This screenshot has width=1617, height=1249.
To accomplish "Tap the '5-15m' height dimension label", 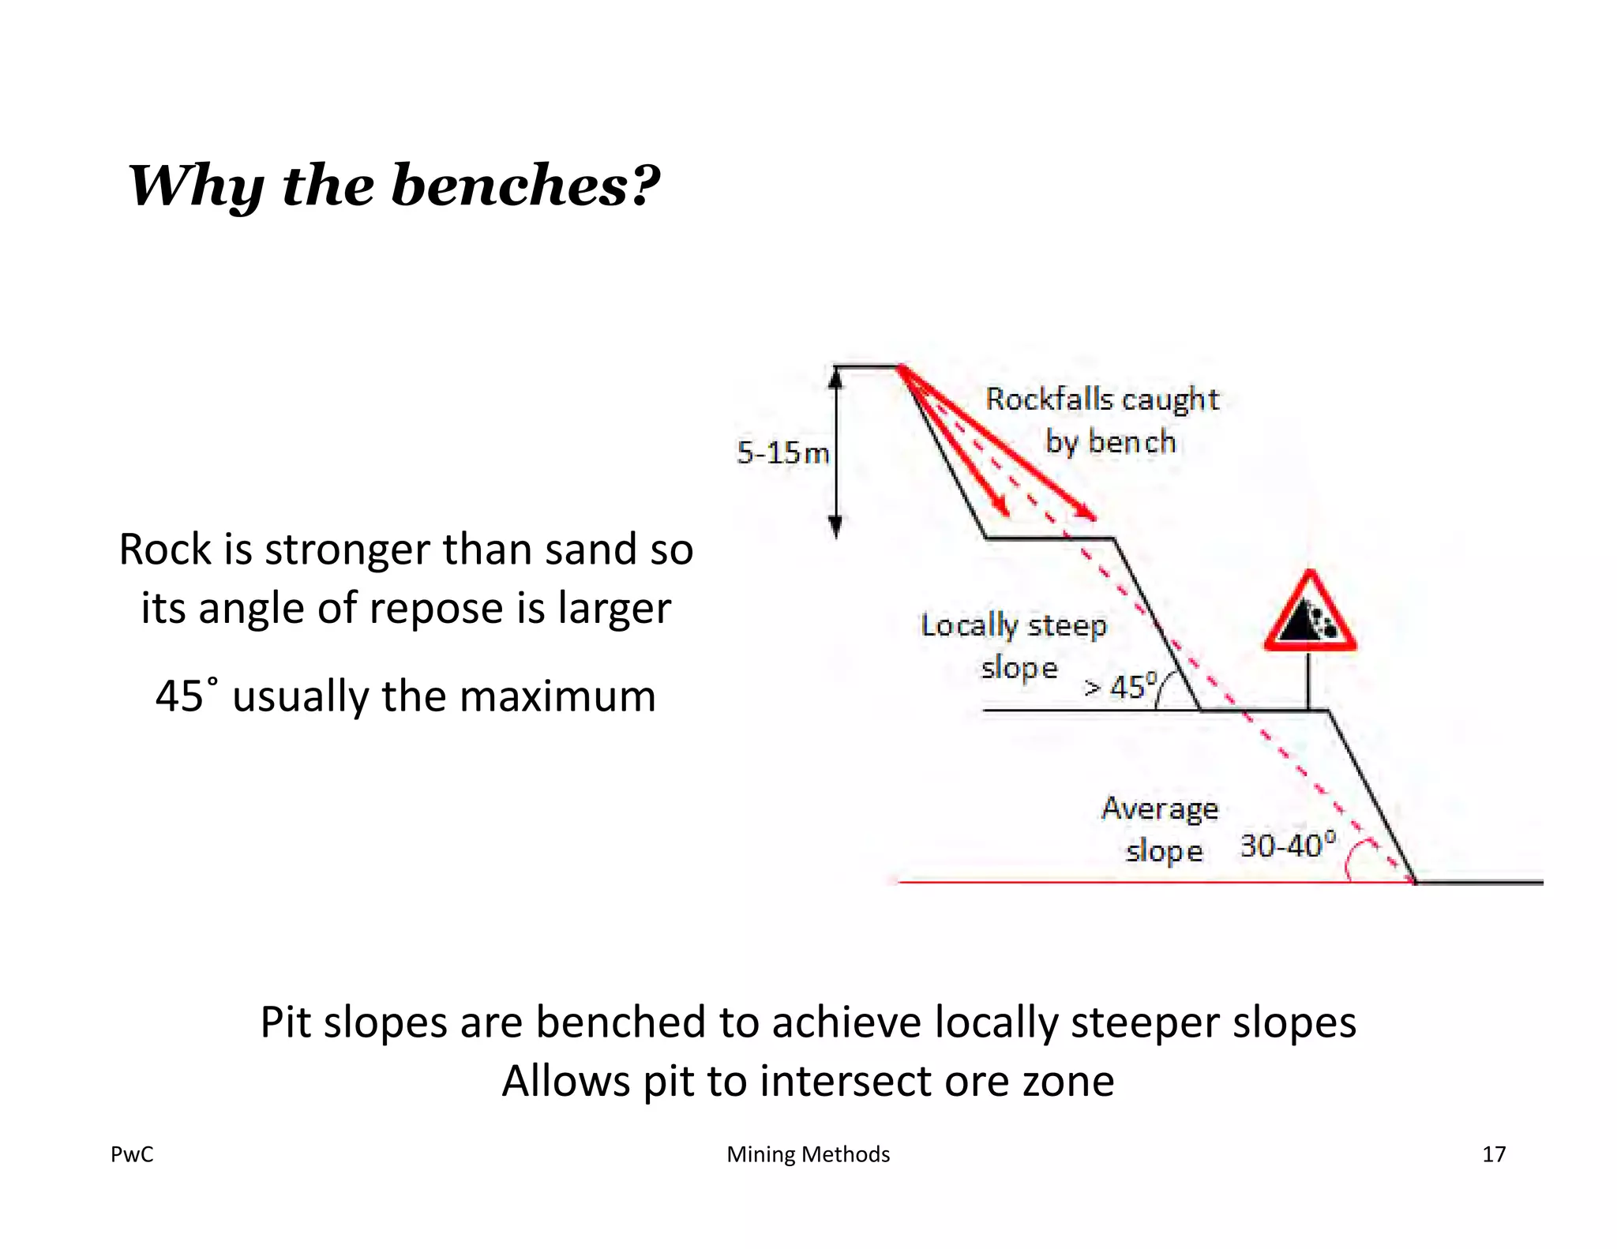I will click(x=782, y=453).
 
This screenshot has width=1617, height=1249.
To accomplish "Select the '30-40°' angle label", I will click(x=1288, y=846).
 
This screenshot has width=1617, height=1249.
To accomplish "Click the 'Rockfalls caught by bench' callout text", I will click(x=1103, y=420).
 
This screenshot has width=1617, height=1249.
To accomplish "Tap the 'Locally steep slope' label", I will click(x=1015, y=646).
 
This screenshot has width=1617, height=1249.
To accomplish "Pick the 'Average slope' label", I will click(x=1161, y=829).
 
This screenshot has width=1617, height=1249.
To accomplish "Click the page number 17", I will click(x=1494, y=1154).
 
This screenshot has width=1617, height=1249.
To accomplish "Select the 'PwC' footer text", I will click(x=132, y=1154).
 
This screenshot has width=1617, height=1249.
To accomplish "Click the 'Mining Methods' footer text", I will click(x=808, y=1154).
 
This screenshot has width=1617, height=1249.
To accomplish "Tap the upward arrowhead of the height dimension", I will click(x=837, y=378).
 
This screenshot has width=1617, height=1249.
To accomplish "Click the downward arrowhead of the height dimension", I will click(x=837, y=526).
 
